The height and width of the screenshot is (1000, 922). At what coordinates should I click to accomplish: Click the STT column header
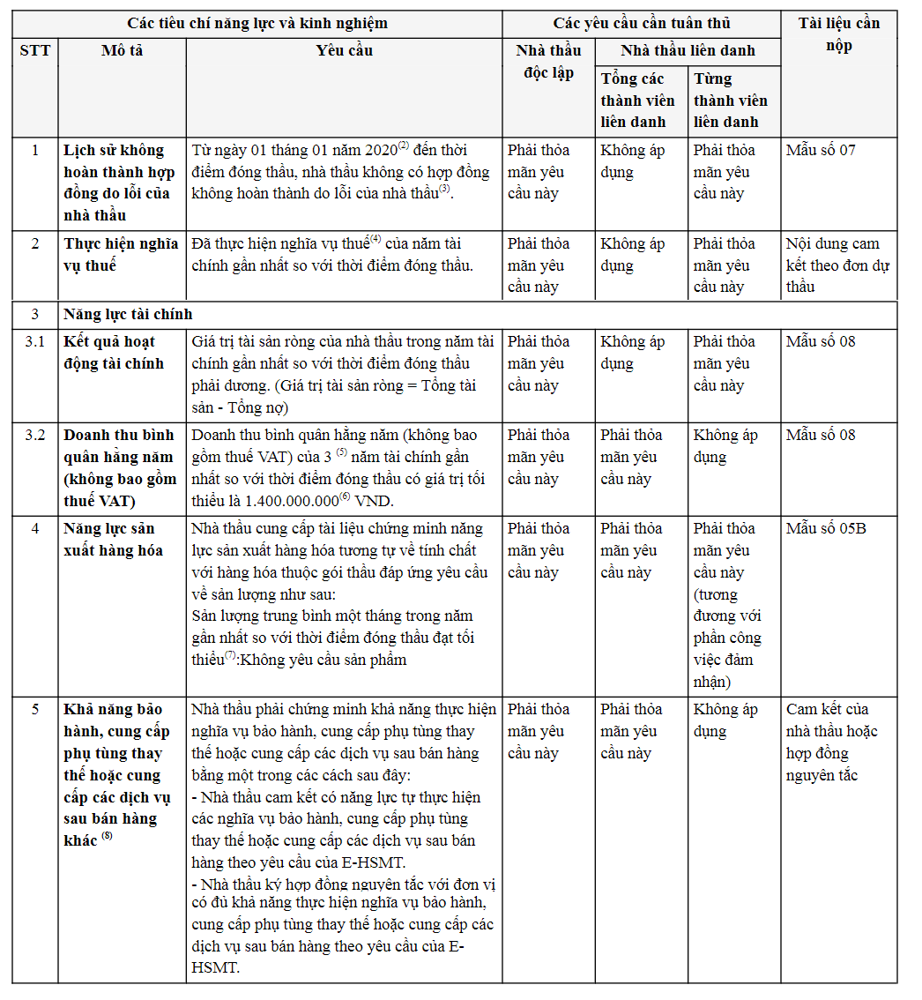[35, 50]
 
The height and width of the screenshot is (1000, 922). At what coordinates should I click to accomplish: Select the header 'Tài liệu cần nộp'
[838, 34]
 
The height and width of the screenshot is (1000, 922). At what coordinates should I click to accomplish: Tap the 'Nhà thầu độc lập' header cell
[548, 62]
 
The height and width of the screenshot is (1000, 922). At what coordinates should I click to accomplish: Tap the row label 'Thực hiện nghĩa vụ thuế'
[121, 254]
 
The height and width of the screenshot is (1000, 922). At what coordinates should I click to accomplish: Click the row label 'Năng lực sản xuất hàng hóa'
[114, 539]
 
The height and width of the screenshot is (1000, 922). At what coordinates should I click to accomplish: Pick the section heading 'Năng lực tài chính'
[128, 314]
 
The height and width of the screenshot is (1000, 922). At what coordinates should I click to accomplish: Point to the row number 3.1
[35, 341]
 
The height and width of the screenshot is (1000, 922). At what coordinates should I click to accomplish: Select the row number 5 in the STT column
[35, 709]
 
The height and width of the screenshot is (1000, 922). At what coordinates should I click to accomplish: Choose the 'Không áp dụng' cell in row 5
[725, 720]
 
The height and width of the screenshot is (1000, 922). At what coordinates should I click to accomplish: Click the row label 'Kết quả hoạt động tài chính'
[109, 352]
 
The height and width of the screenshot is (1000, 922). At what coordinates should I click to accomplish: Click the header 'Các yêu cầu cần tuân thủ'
[641, 24]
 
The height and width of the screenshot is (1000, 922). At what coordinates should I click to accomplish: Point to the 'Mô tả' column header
[122, 50]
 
